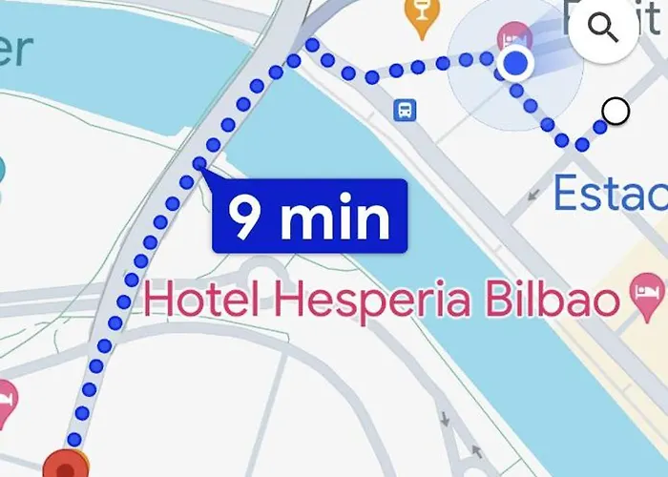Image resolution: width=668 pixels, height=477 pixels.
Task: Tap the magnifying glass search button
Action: coord(604,29)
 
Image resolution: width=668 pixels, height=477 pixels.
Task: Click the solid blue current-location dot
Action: coord(515,64)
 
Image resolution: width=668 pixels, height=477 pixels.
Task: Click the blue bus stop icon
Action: coord(406,110)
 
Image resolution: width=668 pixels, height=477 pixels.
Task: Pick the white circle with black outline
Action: coord(616,112)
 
